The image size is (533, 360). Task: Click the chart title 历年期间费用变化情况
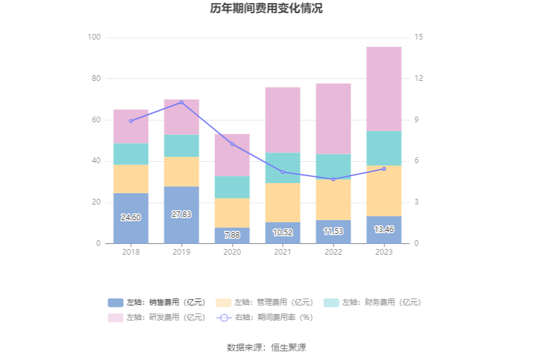pyautogui.click(x=266, y=9)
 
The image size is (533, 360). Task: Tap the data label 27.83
pyautogui.click(x=181, y=214)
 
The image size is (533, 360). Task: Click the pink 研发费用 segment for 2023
pyautogui.click(x=384, y=89)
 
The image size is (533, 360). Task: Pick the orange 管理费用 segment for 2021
pyautogui.click(x=283, y=202)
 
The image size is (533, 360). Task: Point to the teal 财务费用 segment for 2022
pyautogui.click(x=333, y=166)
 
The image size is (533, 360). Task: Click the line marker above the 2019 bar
pyautogui.click(x=182, y=102)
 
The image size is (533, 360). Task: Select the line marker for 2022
pyautogui.click(x=333, y=179)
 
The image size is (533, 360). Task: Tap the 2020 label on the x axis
pyautogui.click(x=232, y=252)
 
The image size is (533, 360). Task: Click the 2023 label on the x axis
pyautogui.click(x=384, y=252)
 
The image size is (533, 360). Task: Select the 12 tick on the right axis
pyautogui.click(x=419, y=78)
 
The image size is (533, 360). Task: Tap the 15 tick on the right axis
pyautogui.click(x=419, y=38)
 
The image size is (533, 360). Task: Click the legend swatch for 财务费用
pyautogui.click(x=332, y=302)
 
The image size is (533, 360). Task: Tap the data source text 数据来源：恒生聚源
pyautogui.click(x=266, y=347)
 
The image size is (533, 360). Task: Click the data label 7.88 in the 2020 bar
pyautogui.click(x=232, y=235)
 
